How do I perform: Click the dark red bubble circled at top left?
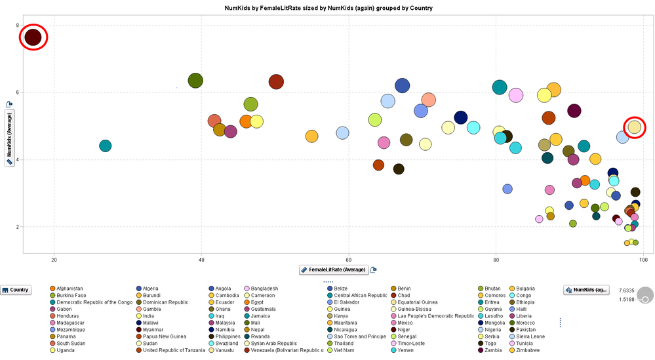tap(33, 37)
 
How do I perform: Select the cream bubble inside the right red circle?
tap(634, 127)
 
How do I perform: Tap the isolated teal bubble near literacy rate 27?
tap(105, 146)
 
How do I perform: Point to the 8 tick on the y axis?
tap(18, 25)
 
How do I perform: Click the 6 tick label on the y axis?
tap(18, 92)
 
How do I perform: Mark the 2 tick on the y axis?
tap(18, 227)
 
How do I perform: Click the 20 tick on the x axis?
tap(54, 260)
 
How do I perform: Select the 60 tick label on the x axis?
tap(349, 260)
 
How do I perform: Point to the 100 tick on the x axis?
tap(644, 260)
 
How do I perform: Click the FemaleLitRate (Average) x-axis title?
tap(337, 270)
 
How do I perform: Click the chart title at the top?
tap(328, 8)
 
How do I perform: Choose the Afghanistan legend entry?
tap(69, 289)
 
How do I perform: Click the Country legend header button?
tap(16, 289)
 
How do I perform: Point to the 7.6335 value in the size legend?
tap(627, 289)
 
